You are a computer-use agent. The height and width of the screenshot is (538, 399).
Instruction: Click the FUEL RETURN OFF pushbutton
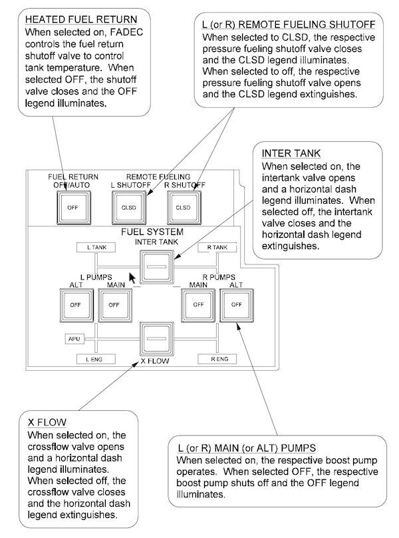73,208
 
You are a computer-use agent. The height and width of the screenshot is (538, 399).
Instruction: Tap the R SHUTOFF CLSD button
184,208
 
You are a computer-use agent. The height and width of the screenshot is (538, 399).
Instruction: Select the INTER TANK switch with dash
157,267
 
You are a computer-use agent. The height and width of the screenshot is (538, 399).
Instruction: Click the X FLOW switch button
157,339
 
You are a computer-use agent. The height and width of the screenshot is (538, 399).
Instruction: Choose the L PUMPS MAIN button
115,305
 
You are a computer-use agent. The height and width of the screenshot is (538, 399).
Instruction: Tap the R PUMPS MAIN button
198,305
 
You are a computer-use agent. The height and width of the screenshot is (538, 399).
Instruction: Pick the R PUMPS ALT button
237,305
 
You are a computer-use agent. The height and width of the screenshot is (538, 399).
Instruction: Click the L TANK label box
96,248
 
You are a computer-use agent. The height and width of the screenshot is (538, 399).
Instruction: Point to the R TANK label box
217,248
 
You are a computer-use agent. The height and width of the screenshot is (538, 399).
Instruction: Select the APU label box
74,339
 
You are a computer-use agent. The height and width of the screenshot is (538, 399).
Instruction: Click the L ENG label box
96,360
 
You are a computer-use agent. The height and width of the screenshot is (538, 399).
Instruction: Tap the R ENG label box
217,360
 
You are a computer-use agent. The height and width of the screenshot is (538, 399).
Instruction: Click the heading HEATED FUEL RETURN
81,19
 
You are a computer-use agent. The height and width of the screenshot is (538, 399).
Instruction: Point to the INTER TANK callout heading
291,153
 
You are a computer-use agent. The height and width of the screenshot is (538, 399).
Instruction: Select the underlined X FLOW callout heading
47,422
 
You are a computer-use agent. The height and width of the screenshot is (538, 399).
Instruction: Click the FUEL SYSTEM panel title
152,232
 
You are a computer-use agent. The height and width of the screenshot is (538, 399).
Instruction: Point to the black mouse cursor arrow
132,278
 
